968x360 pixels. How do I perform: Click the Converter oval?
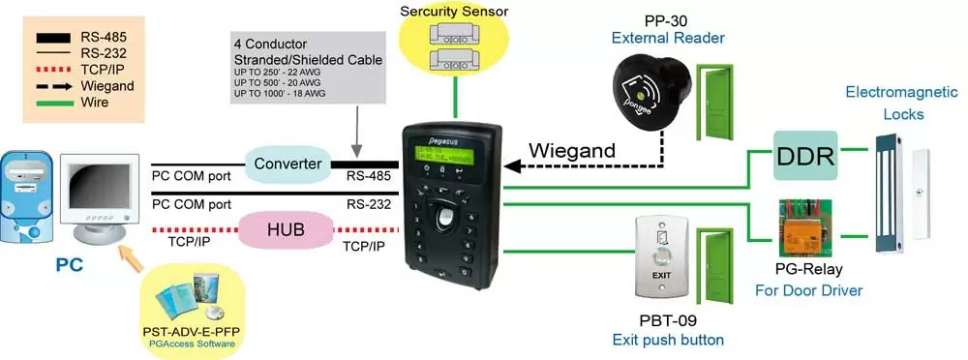[x=287, y=164]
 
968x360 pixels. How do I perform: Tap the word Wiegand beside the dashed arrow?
[x=570, y=150]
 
